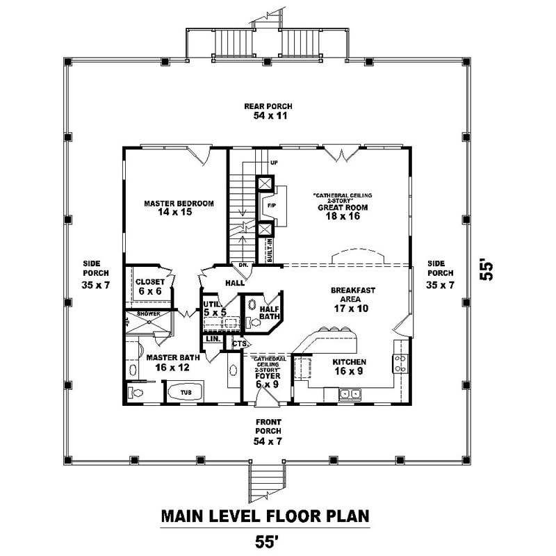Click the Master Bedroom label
coord(179,208)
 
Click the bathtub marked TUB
coord(185,392)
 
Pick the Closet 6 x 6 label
coord(149,286)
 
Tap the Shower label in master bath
coord(148,314)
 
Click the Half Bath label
coord(268,313)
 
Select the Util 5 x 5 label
coord(214,309)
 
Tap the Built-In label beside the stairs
coord(268,251)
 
